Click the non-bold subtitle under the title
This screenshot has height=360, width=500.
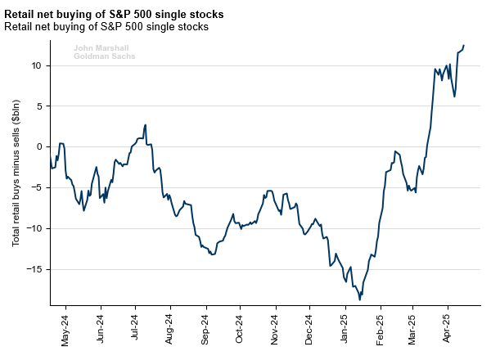click(x=106, y=27)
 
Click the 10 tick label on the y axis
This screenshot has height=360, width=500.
click(x=35, y=65)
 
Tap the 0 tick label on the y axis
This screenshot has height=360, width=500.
click(x=38, y=146)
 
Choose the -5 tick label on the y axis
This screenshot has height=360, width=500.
click(x=36, y=187)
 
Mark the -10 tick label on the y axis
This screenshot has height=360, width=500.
click(x=34, y=228)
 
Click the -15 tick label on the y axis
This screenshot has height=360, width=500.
click(x=34, y=269)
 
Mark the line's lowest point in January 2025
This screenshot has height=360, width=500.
click(x=360, y=299)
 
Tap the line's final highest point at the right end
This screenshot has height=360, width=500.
click(x=464, y=46)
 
